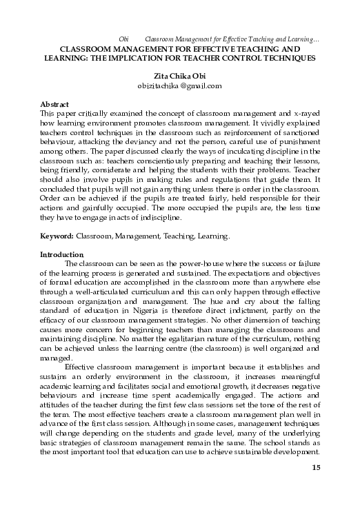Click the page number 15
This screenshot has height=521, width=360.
pos(317,489)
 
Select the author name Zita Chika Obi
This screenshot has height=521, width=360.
pos(179,75)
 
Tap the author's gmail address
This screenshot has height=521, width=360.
pos(179,85)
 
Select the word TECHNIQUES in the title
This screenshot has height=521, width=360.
pos(286,59)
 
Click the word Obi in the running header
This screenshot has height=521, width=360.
pos(124,40)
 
